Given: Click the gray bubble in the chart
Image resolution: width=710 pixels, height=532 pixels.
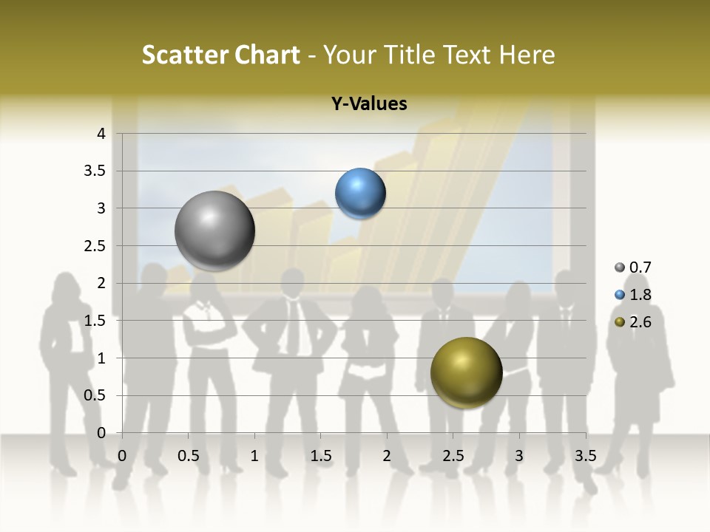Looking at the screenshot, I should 214,231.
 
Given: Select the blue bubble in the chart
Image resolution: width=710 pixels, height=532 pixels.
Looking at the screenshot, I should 360,194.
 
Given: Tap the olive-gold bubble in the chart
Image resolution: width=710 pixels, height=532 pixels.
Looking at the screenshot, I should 466,373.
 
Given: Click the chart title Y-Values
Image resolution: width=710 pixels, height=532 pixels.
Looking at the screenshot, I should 369,104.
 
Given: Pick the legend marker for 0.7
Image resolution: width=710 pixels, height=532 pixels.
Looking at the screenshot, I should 620,267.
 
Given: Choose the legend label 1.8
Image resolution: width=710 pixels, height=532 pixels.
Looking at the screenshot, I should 640,295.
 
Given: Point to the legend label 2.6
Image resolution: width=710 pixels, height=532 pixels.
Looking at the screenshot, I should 640,322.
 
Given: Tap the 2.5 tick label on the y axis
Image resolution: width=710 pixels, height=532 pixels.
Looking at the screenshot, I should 95,246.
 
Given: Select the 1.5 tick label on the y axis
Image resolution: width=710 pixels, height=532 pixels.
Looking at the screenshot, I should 95,321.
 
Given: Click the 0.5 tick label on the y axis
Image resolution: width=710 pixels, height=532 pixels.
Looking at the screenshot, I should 95,395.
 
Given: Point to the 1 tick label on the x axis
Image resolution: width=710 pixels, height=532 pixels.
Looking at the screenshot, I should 254,456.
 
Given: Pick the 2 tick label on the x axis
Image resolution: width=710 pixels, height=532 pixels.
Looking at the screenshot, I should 387,456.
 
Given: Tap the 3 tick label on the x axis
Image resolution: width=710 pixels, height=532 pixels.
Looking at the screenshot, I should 519,456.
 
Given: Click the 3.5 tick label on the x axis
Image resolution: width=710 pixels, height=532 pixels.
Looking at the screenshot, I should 585,456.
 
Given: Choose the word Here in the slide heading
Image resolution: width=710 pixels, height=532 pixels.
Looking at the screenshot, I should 527,55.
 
